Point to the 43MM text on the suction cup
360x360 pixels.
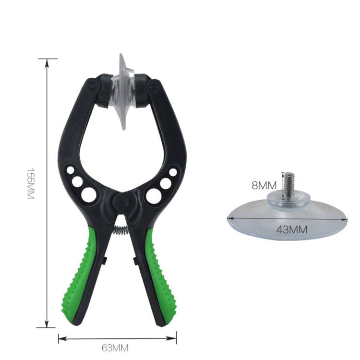point(291,229)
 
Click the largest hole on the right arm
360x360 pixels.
point(154,195)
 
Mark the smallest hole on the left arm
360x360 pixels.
point(71,170)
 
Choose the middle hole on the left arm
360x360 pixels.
point(77,181)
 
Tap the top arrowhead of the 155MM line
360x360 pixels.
point(46,60)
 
